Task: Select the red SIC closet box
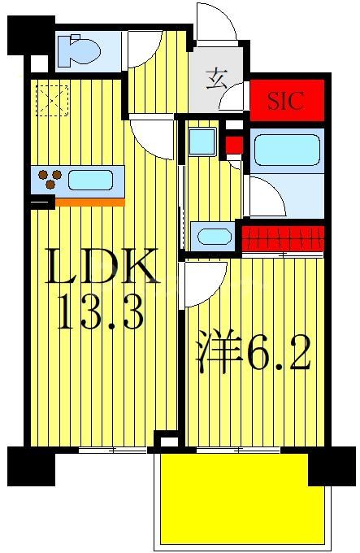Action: pos(286,102)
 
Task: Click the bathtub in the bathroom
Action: pos(287,150)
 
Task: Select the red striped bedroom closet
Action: pos(282,237)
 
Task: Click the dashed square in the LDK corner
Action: pos(52,102)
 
